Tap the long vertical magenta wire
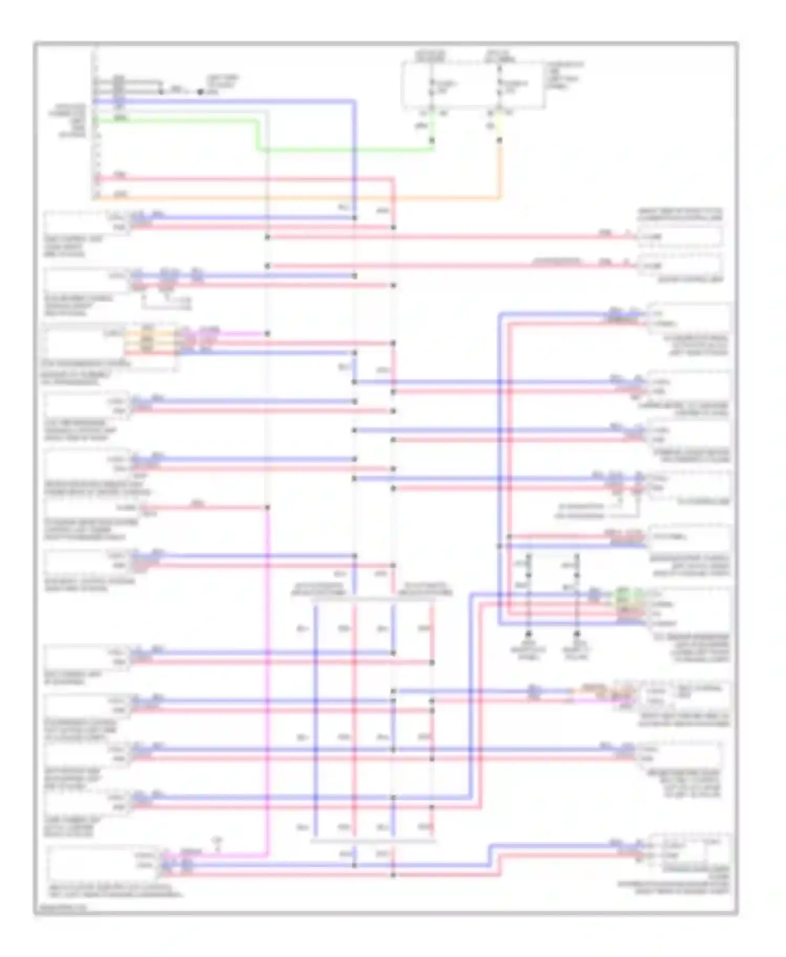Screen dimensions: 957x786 [267, 681]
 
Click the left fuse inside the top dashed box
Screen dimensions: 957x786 [431, 86]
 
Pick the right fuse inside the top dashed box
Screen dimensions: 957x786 [499, 86]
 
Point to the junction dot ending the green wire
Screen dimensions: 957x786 [433, 140]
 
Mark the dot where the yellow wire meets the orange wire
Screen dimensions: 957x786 [499, 140]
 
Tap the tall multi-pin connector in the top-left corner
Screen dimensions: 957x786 [96, 123]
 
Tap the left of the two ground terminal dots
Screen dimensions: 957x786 [528, 633]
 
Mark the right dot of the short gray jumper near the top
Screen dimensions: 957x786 [200, 92]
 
